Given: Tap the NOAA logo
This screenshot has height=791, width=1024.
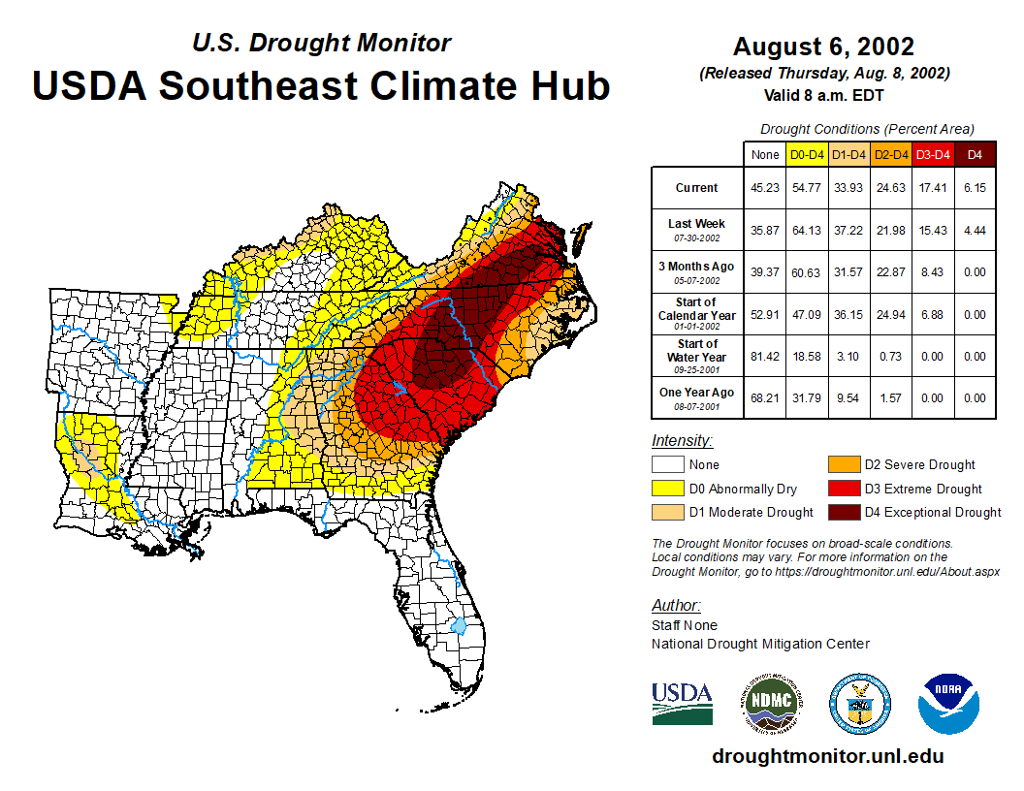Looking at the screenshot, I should pos(948,703).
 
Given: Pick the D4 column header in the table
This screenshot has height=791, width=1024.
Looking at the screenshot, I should pos(975,154).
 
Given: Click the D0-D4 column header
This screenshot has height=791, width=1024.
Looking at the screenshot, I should pos(807,154).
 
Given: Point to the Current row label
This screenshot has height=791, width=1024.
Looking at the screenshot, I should pos(697,188).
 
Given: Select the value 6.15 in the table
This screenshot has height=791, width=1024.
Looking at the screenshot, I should pos(975,188).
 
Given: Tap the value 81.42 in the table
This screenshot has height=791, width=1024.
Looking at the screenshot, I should pos(765,357).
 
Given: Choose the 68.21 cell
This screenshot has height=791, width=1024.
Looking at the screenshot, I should pos(765,397).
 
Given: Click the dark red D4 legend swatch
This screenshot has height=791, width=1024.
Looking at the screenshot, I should pos(843,512).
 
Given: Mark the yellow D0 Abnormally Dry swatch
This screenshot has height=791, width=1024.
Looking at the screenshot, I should pos(667,489).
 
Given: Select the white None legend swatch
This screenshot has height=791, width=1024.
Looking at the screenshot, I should pos(667,464).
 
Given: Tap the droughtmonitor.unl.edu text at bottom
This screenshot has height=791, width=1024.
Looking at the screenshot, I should pos(827,756).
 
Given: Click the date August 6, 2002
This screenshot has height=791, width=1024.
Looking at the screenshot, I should pos(823,47).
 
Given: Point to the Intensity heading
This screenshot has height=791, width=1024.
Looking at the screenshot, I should pos(682,440).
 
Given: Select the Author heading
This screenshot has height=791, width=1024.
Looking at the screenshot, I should pos(676,606).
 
